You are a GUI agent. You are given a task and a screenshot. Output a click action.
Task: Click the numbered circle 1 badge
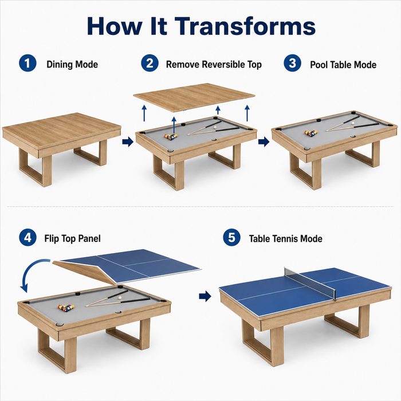tap(27, 63)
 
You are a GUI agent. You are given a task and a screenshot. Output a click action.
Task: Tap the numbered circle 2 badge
tap(150, 63)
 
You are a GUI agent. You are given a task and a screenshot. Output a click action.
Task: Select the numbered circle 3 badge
tap(292, 63)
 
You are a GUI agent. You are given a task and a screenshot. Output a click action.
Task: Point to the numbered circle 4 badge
tap(27, 238)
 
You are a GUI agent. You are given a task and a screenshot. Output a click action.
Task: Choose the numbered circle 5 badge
tap(231, 238)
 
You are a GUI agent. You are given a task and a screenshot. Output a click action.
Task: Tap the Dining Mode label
tap(72, 64)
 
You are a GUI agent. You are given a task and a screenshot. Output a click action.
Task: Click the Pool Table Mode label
tap(343, 65)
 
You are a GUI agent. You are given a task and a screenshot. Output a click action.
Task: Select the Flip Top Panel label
tap(72, 239)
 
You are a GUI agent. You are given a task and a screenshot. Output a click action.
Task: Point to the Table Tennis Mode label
tap(286, 239)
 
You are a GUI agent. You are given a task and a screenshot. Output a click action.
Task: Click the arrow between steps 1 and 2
tap(128, 142)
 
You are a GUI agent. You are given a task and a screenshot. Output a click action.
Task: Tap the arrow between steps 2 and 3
tap(264, 142)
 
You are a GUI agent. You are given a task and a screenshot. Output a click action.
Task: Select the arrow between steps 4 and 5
tap(205, 297)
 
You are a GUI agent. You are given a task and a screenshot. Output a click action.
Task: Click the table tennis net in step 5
tap(310, 284)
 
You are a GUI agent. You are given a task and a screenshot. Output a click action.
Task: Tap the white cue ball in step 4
tap(119, 298)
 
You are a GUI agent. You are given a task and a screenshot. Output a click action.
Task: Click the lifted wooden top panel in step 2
tap(194, 97)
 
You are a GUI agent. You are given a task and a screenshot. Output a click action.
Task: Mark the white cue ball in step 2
tap(216, 127)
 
